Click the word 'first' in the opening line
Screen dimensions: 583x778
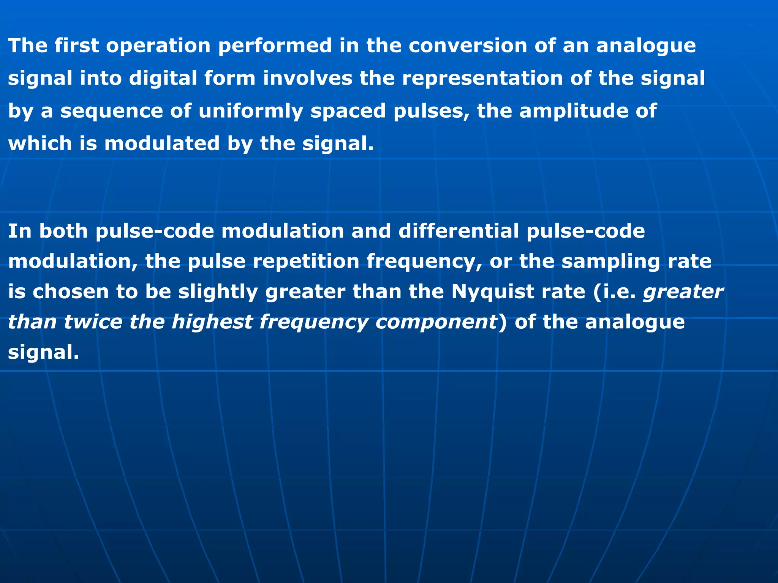point(76,46)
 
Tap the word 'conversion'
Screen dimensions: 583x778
point(468,46)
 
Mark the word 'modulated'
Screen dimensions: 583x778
point(162,144)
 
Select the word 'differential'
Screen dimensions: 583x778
point(459,231)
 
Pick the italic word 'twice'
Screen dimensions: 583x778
point(93,322)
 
